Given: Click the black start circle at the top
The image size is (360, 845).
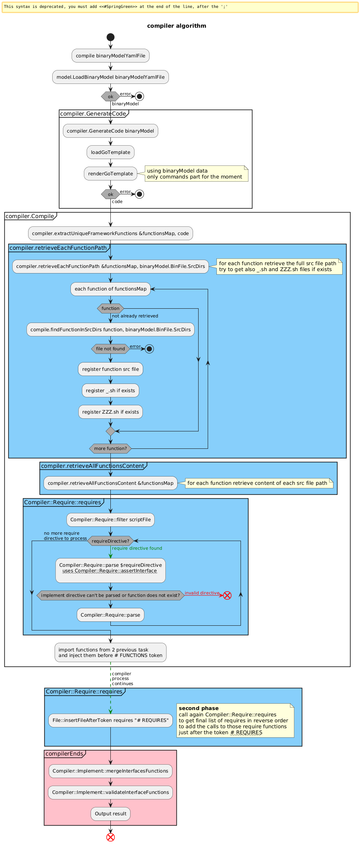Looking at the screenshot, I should pos(110,37).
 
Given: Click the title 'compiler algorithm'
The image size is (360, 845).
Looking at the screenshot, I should pos(176,26).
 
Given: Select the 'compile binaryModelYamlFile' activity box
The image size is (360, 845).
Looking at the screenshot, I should pos(110,56).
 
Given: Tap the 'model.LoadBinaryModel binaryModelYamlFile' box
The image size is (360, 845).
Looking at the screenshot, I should pos(110,77).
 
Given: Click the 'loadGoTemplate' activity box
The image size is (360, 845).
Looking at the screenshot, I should pos(110,152).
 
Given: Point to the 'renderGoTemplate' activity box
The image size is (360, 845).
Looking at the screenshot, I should pos(110,174).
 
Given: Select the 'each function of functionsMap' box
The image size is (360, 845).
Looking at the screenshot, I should pos(110,289).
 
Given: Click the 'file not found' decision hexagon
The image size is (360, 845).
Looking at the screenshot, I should pos(110,349).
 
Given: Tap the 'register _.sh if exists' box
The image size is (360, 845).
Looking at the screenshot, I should pos(110,391).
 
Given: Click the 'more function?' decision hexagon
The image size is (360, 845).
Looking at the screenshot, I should pos(110,448).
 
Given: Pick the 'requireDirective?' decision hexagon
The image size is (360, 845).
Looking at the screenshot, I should pos(110,541).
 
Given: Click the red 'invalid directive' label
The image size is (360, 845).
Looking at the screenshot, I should pos(202,593).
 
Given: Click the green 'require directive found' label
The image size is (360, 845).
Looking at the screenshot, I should pos(137,548).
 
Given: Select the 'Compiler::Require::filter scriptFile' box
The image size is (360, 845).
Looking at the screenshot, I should pos(110,520).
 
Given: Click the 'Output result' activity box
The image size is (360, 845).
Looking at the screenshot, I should pos(110,814).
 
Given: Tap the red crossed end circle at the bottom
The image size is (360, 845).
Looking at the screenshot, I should pos(110,837).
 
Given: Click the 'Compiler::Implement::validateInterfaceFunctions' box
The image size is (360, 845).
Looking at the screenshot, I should pos(110,792).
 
